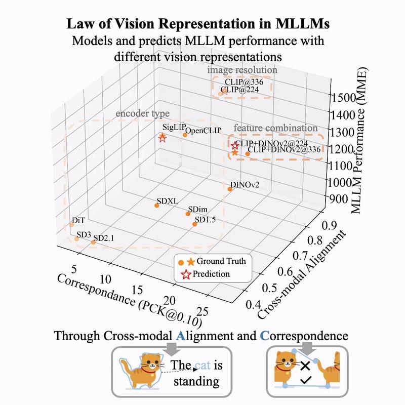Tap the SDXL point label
167,200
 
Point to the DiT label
78,221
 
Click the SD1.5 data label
206,220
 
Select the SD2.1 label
105,237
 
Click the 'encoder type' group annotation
143,113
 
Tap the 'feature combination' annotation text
275,128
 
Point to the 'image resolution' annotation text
242,70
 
